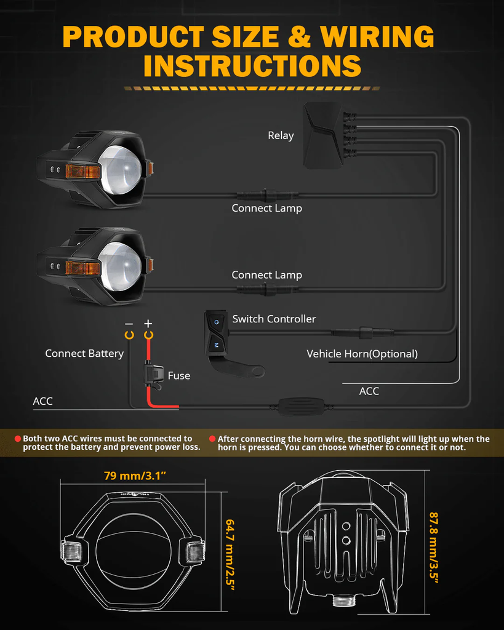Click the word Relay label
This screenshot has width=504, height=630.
point(281,135)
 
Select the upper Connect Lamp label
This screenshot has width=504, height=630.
point(266,208)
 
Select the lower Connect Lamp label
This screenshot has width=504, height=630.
point(266,275)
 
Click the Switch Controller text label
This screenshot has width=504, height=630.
point(274,319)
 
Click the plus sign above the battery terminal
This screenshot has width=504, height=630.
point(148,324)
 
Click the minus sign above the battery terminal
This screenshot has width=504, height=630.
point(129,324)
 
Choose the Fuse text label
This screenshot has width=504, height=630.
point(179,375)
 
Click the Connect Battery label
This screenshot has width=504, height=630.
point(84,353)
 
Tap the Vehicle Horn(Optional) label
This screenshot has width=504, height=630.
point(362,354)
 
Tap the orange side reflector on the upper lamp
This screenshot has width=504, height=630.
point(82,172)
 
